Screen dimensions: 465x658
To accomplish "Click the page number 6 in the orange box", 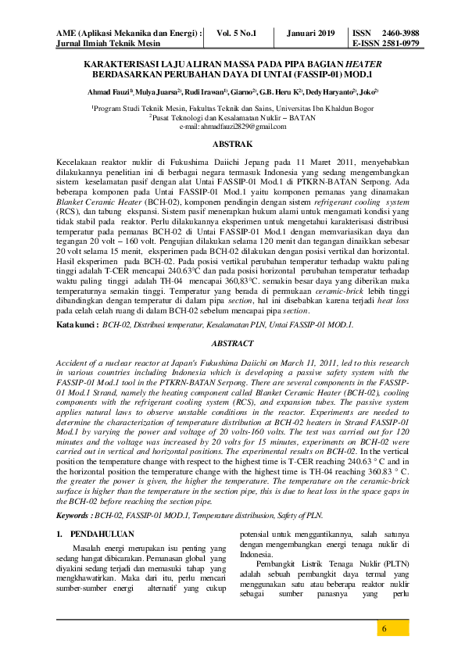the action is point(384,630).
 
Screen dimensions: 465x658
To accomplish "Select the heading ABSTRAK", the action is point(233,144).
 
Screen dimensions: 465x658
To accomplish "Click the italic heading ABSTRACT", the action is point(233,343).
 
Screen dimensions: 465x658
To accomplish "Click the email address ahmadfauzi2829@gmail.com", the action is point(233,127).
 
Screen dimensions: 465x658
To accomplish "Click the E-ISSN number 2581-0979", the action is point(399,44).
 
